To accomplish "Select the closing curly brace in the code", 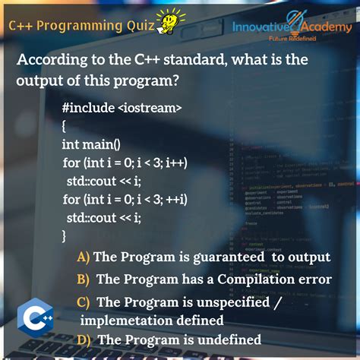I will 65,235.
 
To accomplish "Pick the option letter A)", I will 84,257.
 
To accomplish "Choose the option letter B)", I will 84,279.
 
